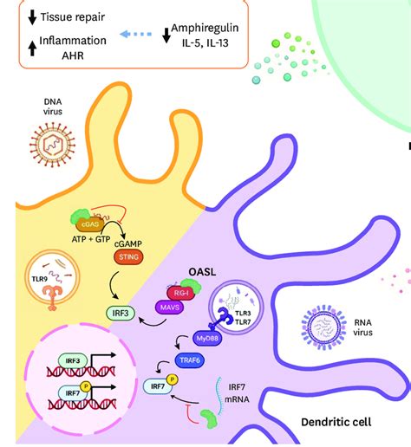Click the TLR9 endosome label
tap(41, 279)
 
